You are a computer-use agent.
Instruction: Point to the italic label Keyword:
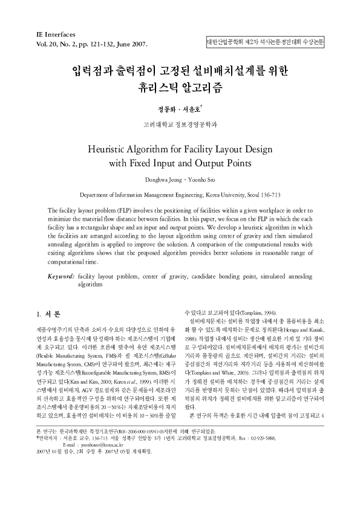click(x=62, y=276)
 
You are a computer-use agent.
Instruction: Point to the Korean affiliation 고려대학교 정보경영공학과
click(x=179, y=125)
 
